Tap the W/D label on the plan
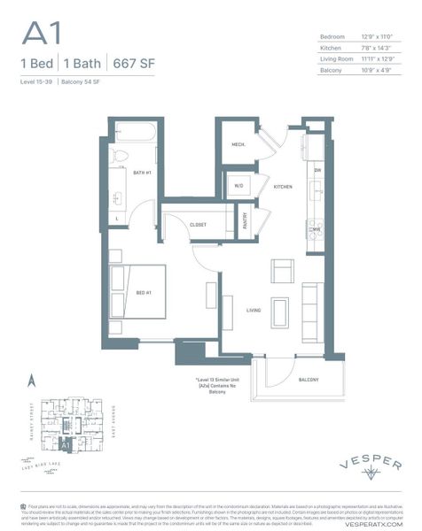[238, 187]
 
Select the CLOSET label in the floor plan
[199, 225]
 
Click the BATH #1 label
[143, 173]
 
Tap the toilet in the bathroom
[122, 158]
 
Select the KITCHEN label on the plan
[283, 188]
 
